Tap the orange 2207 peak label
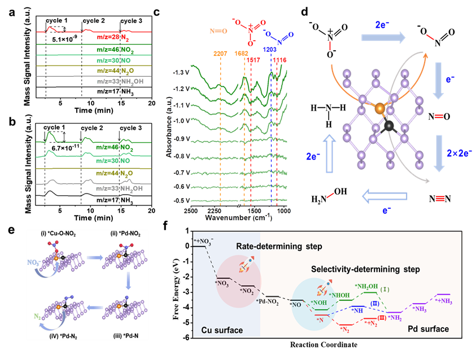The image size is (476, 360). (220, 54)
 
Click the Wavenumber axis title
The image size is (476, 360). (235, 218)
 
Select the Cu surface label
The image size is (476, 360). (221, 328)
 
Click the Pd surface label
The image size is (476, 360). (430, 328)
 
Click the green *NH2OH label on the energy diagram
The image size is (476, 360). (367, 287)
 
